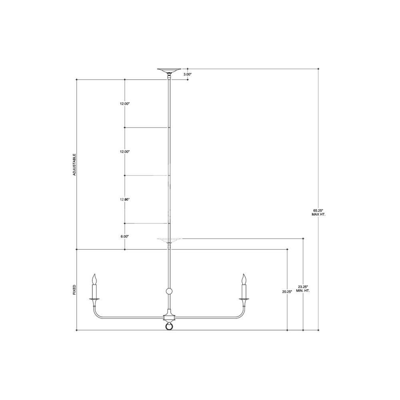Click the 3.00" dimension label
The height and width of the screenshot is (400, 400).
coord(188,74)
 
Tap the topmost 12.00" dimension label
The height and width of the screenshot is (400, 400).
coord(125,104)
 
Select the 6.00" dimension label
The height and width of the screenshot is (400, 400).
coord(125,236)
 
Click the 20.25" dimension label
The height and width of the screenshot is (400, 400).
coord(287,292)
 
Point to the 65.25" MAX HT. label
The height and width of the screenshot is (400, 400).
coord(318,212)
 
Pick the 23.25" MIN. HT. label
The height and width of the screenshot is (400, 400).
coord(303,288)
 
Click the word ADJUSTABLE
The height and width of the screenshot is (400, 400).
coord(74,164)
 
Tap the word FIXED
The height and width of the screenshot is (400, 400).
coord(74,290)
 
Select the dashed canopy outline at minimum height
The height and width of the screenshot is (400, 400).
coord(169,240)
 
